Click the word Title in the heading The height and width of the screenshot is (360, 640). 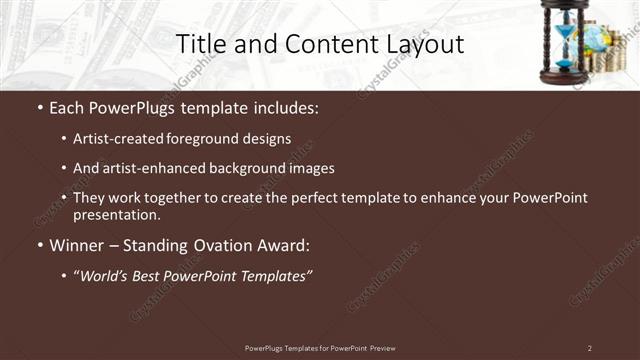pos(199,44)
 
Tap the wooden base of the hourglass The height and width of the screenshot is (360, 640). pos(566,76)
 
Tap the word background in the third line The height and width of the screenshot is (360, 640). pos(256,168)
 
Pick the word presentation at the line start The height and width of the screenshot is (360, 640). pos(116,214)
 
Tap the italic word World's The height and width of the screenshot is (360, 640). pos(106,275)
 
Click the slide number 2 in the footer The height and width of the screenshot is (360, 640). pos(589,348)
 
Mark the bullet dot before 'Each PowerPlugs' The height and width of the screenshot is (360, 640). pos(40,108)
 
